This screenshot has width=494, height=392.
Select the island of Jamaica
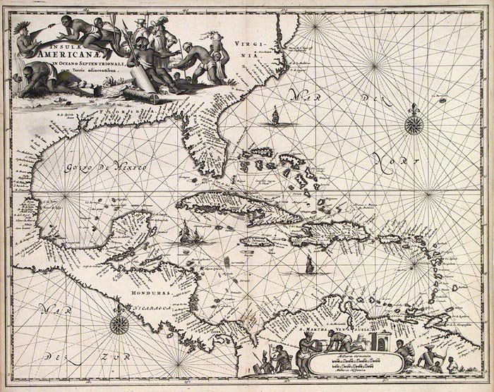257,240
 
